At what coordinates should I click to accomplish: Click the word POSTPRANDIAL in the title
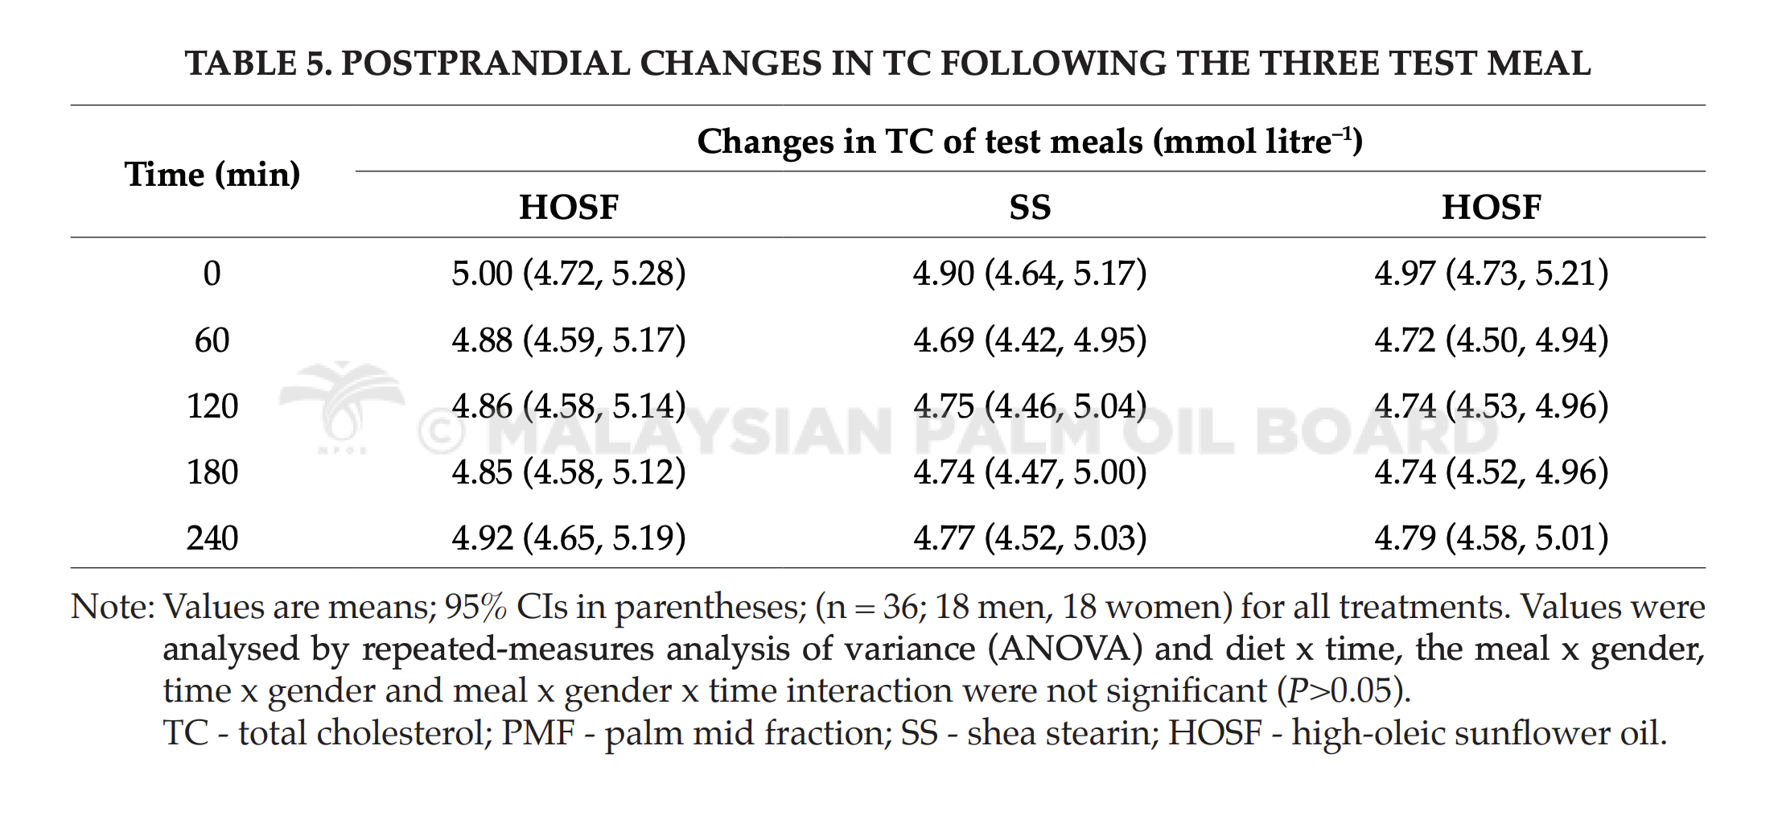(x=485, y=64)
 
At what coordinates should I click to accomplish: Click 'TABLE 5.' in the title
(x=258, y=64)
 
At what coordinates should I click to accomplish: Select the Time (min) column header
(x=212, y=175)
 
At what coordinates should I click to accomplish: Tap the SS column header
(x=1030, y=208)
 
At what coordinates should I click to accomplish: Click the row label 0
(x=212, y=274)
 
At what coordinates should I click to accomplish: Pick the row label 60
(x=212, y=340)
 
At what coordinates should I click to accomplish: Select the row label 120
(x=212, y=406)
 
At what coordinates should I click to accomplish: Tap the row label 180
(x=212, y=472)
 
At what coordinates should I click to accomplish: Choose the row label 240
(x=212, y=538)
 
